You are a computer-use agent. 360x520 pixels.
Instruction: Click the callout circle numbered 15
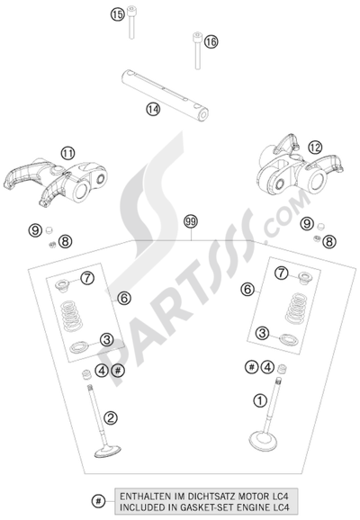[x=116, y=14]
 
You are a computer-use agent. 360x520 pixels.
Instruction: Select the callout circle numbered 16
[x=211, y=41]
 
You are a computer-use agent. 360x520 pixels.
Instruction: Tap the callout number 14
[x=153, y=108]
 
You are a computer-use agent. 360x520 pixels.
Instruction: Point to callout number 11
[x=67, y=154]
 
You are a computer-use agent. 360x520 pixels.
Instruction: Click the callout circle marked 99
[x=189, y=220]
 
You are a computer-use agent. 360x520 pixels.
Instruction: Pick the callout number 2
[x=110, y=417]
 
